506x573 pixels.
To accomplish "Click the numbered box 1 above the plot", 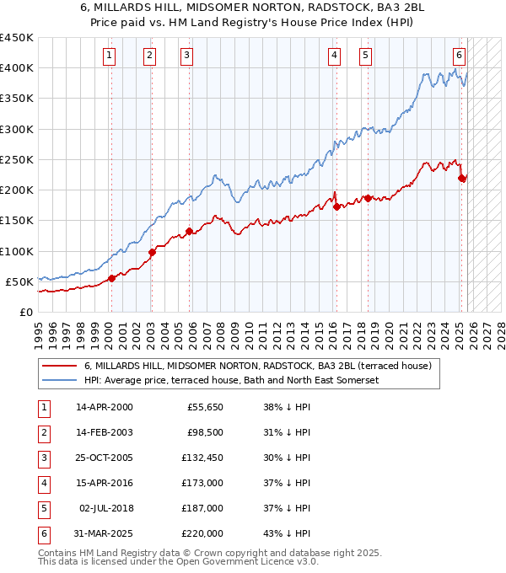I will pyautogui.click(x=110, y=56).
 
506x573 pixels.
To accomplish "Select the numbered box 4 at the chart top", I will pyautogui.click(x=335, y=56).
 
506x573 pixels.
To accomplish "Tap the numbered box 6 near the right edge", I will pyautogui.click(x=459, y=56).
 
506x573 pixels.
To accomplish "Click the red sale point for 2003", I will pyautogui.click(x=152, y=252).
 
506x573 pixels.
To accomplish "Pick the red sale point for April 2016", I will pyautogui.click(x=336, y=206).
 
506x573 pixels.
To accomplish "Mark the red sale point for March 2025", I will pyautogui.click(x=462, y=178).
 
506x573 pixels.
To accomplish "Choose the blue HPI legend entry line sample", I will pyautogui.click(x=59, y=380).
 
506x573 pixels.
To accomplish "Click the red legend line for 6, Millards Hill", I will pyautogui.click(x=59, y=366).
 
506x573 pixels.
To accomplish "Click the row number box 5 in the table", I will pyautogui.click(x=42, y=508).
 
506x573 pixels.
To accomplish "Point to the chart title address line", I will pyautogui.click(x=253, y=8).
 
